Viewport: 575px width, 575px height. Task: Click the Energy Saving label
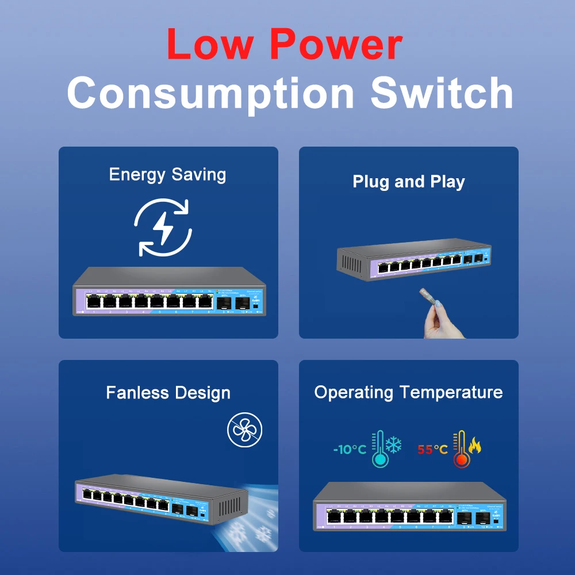tap(167, 174)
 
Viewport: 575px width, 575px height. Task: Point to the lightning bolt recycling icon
tap(163, 227)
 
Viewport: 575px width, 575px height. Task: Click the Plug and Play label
tap(408, 182)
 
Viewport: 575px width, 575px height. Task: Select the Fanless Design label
tap(168, 393)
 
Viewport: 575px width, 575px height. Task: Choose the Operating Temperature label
tap(408, 392)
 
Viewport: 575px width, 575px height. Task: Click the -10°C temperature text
tap(350, 449)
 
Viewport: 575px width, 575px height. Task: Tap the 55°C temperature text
tap(432, 449)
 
